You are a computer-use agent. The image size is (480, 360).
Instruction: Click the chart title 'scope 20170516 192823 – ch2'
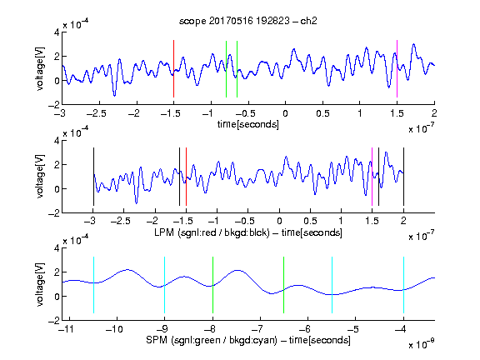(x=247, y=21)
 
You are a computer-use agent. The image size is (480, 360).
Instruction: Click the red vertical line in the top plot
(x=173, y=68)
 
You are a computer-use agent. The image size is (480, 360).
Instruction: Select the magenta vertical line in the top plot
(x=397, y=68)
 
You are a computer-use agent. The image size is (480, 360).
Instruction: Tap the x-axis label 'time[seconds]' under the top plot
(x=248, y=124)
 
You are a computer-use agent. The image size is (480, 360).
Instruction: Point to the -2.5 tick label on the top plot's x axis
(x=97, y=113)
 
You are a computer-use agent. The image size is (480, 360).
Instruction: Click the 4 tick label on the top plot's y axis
(x=57, y=32)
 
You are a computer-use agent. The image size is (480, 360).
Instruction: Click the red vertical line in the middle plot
(x=186, y=177)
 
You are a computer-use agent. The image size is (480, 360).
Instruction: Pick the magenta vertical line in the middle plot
(x=372, y=177)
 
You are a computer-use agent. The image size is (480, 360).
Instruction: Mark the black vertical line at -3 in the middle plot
(x=93, y=177)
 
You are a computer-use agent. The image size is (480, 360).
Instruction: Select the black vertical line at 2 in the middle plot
(x=403, y=177)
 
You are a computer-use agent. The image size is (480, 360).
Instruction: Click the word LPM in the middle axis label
(x=164, y=232)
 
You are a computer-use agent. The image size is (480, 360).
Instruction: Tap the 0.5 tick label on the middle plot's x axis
(x=310, y=221)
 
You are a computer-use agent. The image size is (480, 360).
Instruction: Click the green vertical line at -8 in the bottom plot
(x=212, y=285)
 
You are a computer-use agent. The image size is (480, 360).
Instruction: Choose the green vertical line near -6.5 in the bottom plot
(x=284, y=285)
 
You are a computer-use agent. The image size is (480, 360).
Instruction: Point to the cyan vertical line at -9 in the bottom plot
(x=165, y=285)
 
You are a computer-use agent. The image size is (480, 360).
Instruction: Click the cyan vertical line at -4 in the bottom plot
(x=403, y=285)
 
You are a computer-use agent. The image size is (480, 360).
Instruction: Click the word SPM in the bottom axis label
(x=157, y=340)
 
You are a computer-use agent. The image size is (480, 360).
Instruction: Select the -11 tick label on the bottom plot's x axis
(x=66, y=329)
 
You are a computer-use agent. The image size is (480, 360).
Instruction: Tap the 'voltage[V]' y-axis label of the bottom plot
(x=40, y=284)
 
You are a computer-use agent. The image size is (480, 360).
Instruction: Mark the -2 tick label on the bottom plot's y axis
(x=54, y=321)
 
